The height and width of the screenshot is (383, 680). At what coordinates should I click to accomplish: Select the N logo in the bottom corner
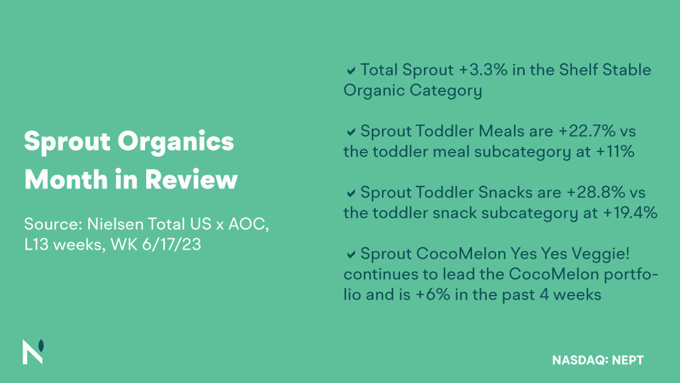pos(33,352)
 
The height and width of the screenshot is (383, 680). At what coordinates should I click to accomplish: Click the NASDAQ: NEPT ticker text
pos(597,360)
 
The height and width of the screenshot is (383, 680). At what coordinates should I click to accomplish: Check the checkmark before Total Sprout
pos(351,71)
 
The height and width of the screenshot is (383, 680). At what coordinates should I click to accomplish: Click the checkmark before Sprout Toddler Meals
pos(351,132)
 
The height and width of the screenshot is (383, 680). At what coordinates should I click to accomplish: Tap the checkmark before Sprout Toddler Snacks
pos(351,193)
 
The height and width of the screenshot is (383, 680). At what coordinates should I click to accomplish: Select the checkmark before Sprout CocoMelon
pos(351,255)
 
